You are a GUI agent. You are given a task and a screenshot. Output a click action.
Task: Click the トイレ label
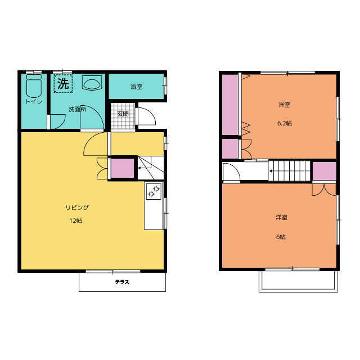[34, 101]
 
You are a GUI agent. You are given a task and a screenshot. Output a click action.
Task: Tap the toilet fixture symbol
[34, 85]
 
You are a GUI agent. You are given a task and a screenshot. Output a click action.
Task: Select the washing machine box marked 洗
[63, 83]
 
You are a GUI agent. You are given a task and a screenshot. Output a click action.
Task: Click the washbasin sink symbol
[92, 83]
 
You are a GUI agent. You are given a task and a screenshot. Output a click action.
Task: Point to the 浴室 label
[136, 87]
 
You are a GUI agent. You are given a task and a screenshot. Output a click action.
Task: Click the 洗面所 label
[78, 109]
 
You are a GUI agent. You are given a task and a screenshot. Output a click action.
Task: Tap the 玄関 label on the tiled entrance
[123, 114]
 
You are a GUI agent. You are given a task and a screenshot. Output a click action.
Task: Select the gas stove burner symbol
[154, 191]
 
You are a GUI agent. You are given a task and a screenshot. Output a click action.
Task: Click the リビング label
[77, 208]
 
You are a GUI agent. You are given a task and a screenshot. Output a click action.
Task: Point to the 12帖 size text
[76, 221]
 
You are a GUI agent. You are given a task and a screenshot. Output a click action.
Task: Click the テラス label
[122, 282]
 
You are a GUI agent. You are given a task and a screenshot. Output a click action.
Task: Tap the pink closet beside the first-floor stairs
[123, 168]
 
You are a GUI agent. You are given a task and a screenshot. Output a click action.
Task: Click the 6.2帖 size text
[285, 124]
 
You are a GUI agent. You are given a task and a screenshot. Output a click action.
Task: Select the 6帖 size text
[281, 237]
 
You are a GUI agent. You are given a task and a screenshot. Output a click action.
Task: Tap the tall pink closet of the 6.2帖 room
[230, 105]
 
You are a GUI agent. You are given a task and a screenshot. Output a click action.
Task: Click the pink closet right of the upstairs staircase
[325, 171]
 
